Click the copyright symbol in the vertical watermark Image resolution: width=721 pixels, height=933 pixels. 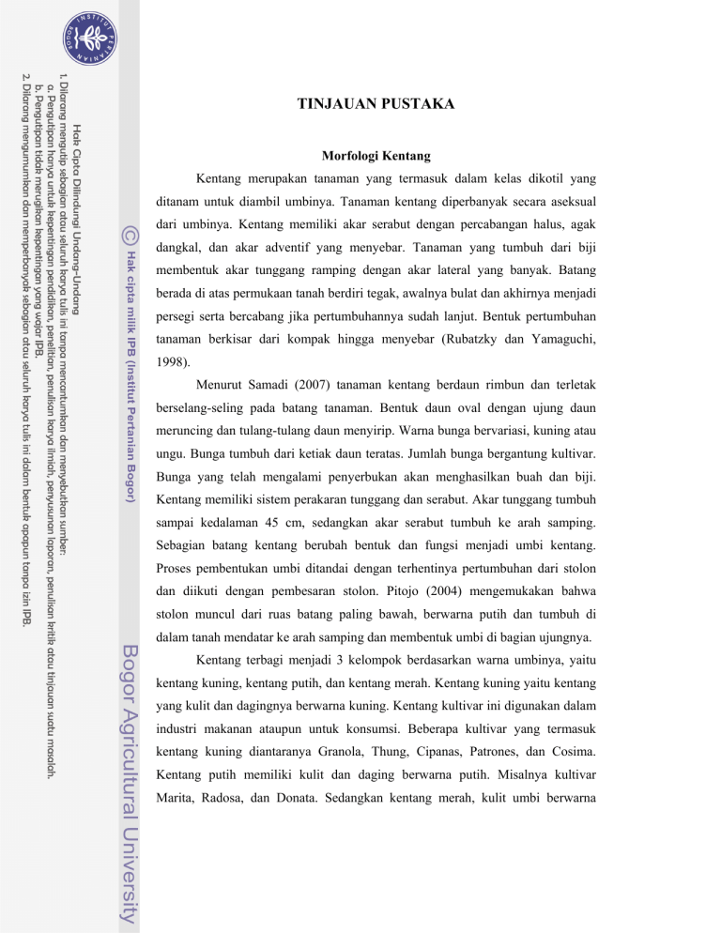click(131, 228)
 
